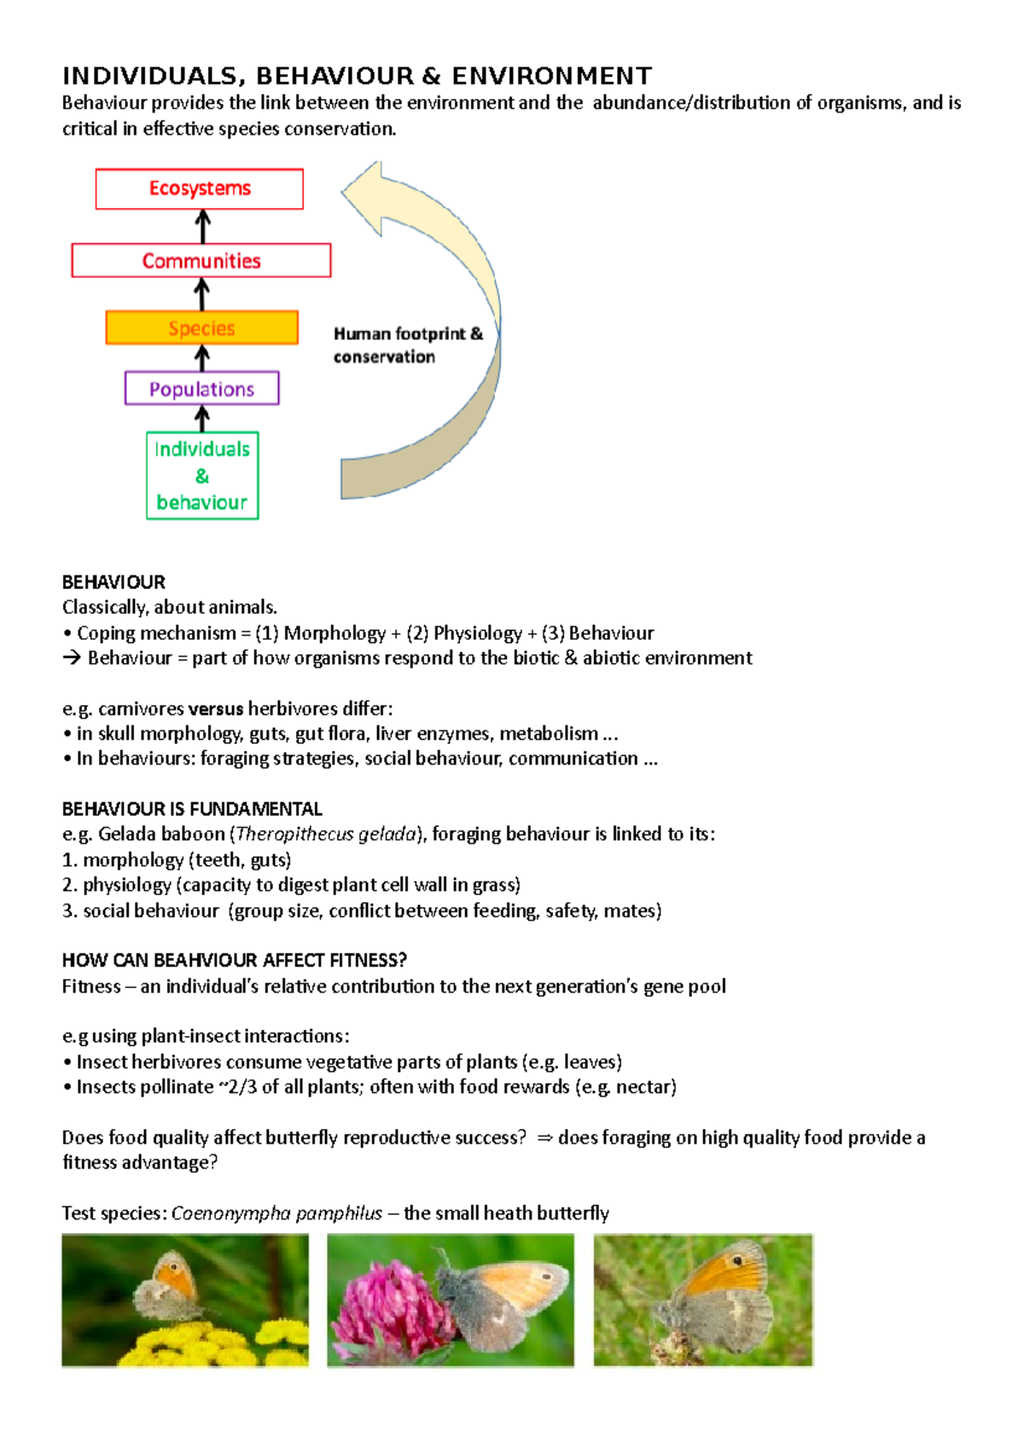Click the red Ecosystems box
click(x=199, y=189)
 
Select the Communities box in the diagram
click(x=201, y=260)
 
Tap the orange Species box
click(x=201, y=328)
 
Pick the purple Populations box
click(x=201, y=388)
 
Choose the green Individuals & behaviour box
click(x=202, y=475)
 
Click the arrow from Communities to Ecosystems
click(x=202, y=227)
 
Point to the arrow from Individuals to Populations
click(x=202, y=418)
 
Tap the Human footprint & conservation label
click(x=407, y=345)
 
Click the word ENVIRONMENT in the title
click(x=551, y=77)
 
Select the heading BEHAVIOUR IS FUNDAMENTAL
click(x=192, y=809)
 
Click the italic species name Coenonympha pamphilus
click(x=276, y=1213)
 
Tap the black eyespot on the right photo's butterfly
click(x=737, y=1260)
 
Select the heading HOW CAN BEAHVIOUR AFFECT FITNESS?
click(x=234, y=961)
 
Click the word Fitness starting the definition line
click(x=91, y=986)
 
